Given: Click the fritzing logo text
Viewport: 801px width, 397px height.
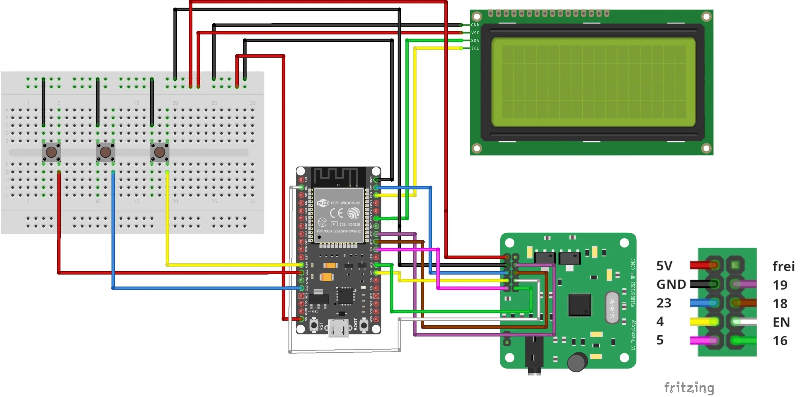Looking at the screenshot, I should tap(689, 388).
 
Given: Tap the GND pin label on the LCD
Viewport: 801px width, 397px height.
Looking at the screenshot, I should tap(475, 25).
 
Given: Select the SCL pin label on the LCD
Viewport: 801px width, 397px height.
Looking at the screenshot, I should tap(475, 48).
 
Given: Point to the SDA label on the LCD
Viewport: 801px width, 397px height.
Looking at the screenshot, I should tap(475, 40).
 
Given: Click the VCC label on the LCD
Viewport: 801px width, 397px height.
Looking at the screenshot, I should tap(475, 33).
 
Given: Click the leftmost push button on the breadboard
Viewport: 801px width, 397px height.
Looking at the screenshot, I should tap(51, 152).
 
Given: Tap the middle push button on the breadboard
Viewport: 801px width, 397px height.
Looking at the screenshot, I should tap(105, 152).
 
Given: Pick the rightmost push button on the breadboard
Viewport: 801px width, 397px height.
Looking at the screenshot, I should tap(160, 152).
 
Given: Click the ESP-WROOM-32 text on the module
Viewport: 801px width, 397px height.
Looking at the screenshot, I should tap(345, 203).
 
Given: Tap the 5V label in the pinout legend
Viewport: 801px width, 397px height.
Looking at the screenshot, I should tap(664, 266).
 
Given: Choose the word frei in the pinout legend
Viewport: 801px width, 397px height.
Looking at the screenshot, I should tap(783, 266).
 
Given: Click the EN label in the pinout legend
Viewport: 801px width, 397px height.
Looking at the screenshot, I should tap(781, 322).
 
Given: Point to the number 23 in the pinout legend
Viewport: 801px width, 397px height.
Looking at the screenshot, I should tap(664, 303).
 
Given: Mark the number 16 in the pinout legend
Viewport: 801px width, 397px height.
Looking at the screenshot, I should tap(780, 341).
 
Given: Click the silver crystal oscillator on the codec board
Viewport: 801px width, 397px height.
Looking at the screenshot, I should tap(612, 307).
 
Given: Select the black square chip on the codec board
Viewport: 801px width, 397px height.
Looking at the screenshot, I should tap(579, 305).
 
